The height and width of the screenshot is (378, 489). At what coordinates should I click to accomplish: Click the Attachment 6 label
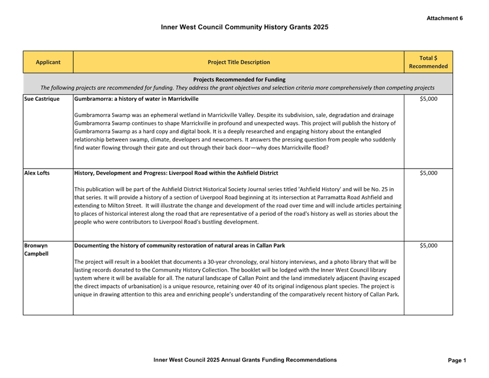(x=445, y=18)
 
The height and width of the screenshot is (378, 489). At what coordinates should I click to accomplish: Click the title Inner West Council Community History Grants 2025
(x=244, y=27)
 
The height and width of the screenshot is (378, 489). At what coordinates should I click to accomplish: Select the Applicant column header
(x=48, y=62)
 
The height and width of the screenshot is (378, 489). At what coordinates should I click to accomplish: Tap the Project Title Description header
(x=239, y=62)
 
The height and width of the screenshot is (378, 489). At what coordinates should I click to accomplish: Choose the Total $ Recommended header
(x=428, y=62)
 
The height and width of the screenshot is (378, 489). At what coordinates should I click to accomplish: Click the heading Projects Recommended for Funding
(x=239, y=80)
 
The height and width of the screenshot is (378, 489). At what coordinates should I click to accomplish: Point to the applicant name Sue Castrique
(x=42, y=99)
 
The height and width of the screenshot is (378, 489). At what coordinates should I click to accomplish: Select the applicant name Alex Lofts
(x=37, y=173)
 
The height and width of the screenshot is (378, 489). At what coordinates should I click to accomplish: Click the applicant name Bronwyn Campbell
(x=36, y=250)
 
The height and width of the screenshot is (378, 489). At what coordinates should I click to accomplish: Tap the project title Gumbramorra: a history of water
(x=136, y=99)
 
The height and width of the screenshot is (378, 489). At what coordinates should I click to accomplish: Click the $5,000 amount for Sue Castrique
(x=429, y=99)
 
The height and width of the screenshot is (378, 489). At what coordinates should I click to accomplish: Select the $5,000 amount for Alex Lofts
(x=429, y=173)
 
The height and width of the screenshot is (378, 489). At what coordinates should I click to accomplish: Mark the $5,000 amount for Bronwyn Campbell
(x=429, y=246)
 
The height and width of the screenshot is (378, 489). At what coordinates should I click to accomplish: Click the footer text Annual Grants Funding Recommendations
(x=245, y=360)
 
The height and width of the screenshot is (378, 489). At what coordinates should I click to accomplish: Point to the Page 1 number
(x=457, y=360)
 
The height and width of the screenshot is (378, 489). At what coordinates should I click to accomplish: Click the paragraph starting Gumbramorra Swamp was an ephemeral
(x=235, y=131)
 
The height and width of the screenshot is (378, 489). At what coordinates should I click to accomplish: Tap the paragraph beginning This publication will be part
(x=235, y=206)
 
